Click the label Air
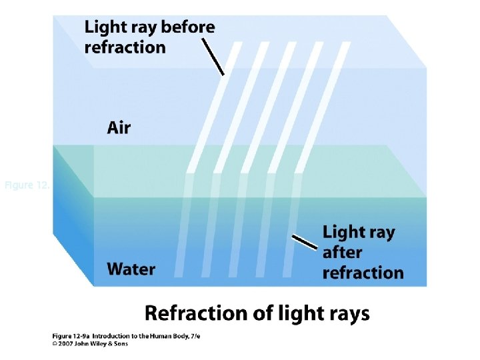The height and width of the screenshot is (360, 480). (x=119, y=127)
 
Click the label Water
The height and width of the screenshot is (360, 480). (x=131, y=269)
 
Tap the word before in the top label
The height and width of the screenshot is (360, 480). (x=189, y=27)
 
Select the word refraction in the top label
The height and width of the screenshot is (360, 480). (x=125, y=47)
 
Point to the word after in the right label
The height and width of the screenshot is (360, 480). (x=342, y=253)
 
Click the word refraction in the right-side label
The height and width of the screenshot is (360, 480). (x=363, y=273)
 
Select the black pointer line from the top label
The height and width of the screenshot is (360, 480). (x=213, y=56)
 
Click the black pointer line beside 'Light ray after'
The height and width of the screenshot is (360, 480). (x=305, y=242)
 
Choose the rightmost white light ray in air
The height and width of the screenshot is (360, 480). (x=316, y=107)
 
